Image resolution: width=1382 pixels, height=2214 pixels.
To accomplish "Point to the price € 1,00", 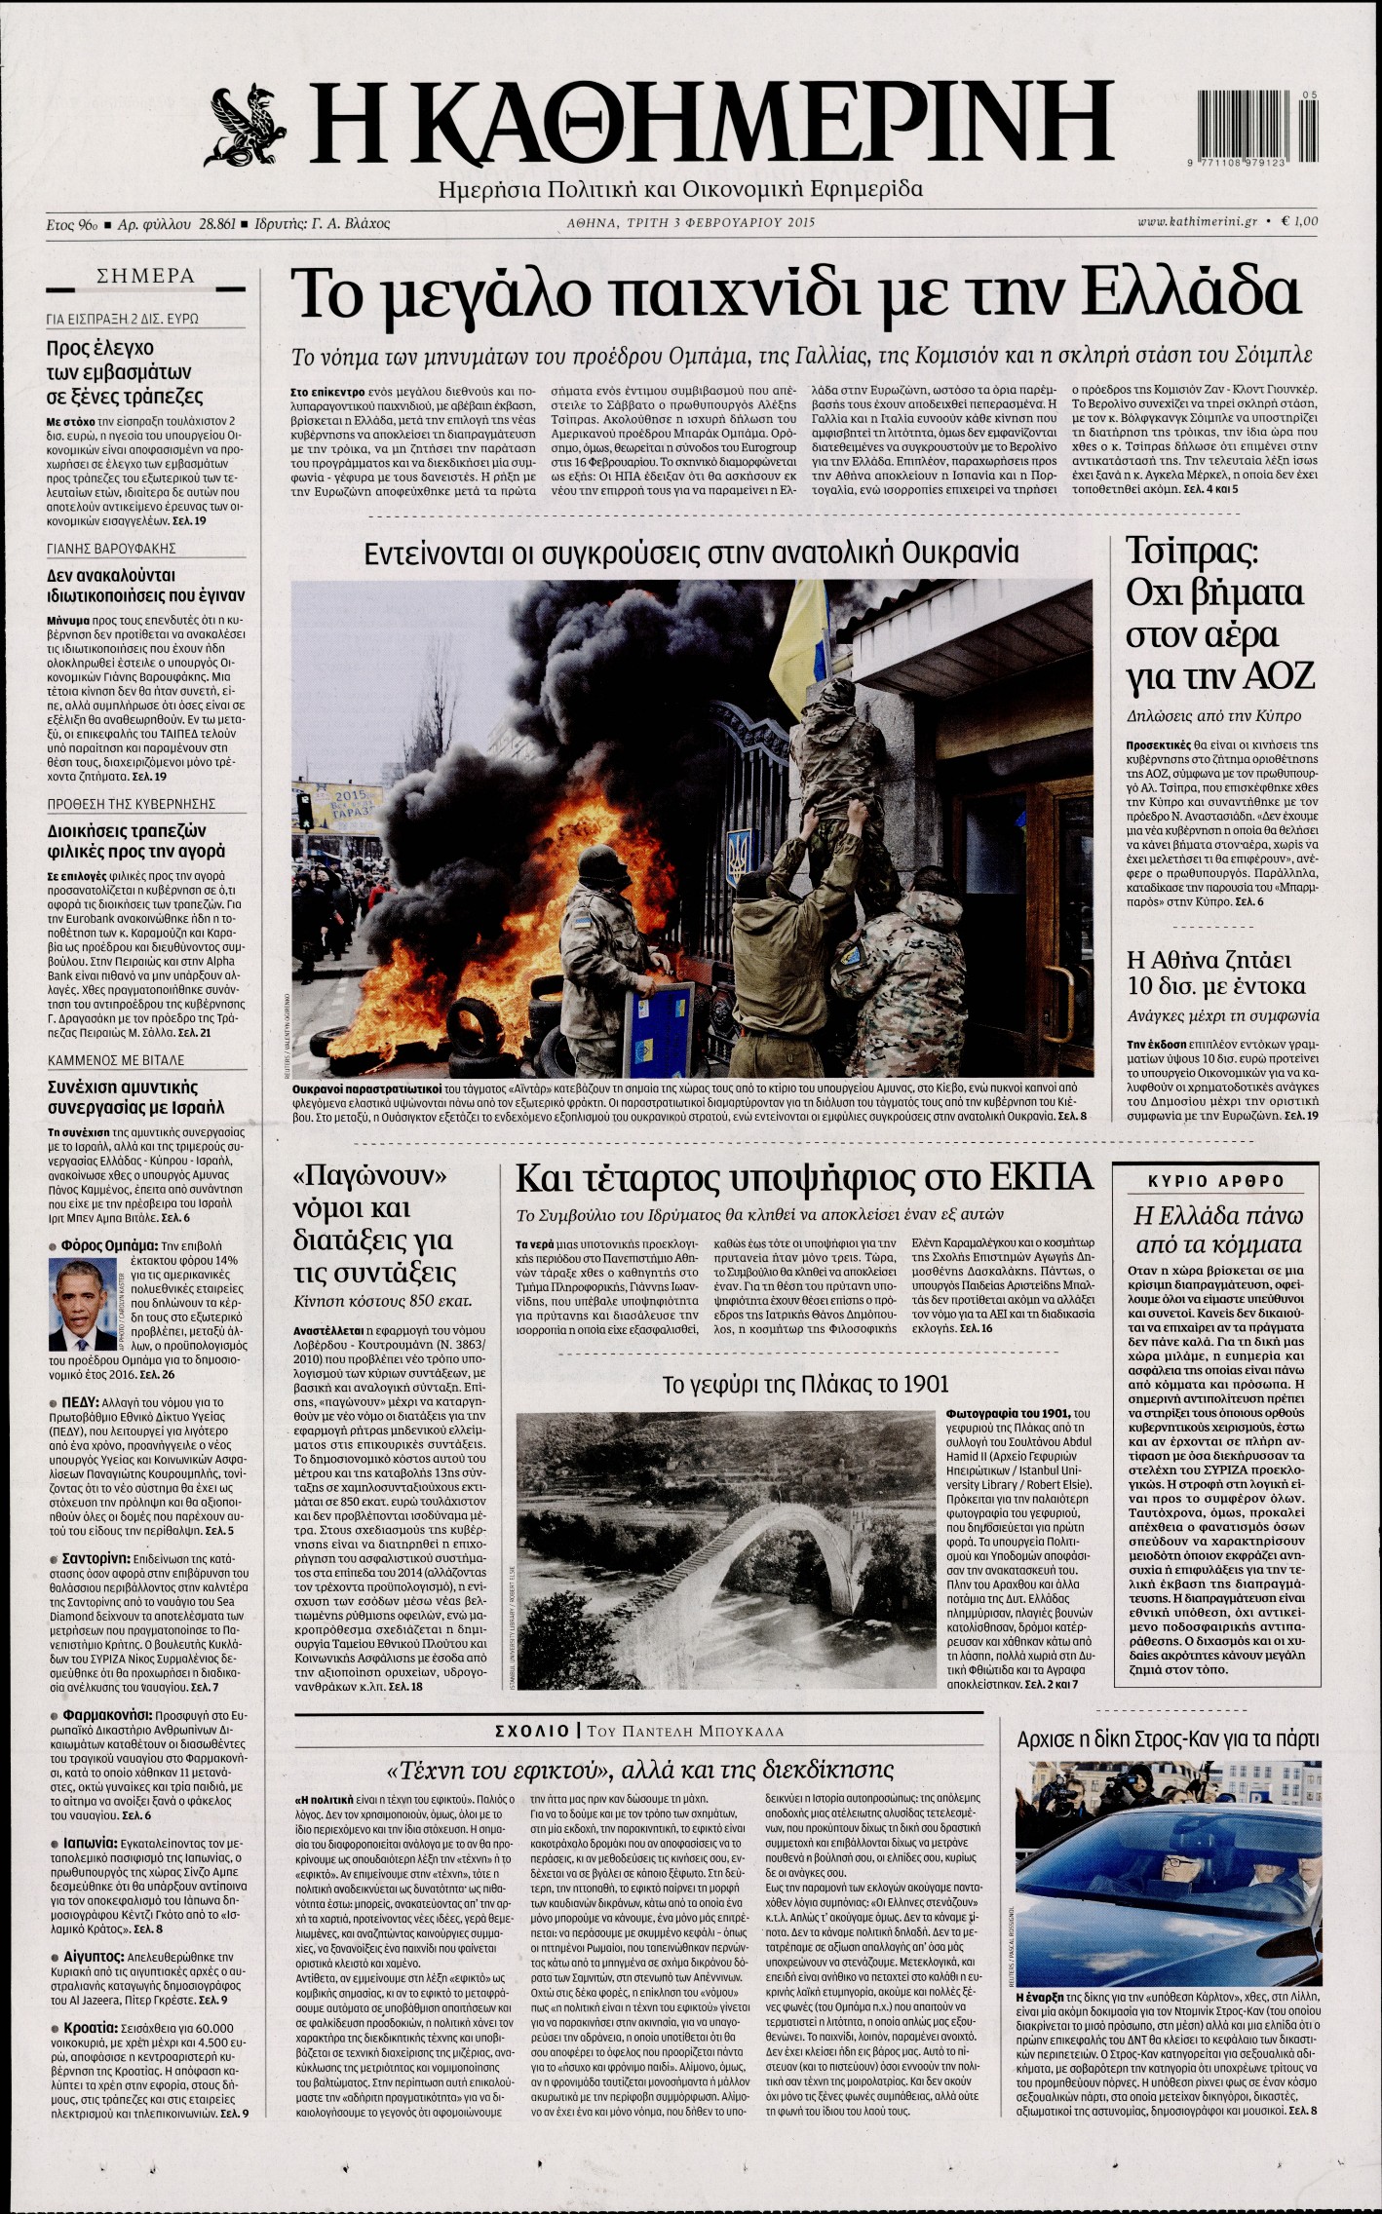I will click(x=1301, y=223).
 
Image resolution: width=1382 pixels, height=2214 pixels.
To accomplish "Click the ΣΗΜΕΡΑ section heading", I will click(x=146, y=277).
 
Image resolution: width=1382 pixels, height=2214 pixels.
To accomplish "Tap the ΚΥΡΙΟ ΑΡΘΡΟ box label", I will click(x=1215, y=1181).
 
